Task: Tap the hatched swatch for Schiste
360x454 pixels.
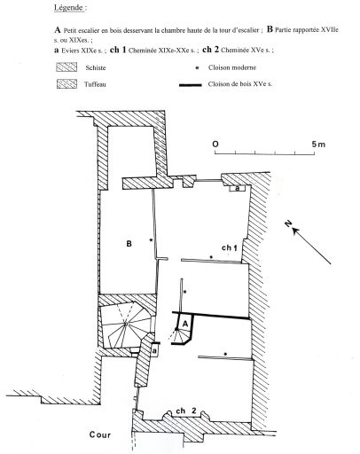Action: (x=67, y=67)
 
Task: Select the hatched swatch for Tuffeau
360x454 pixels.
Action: (x=67, y=84)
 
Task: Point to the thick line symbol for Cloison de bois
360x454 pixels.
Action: (x=191, y=85)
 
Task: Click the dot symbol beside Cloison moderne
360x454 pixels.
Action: (x=197, y=68)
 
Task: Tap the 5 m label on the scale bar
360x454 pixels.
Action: (x=318, y=145)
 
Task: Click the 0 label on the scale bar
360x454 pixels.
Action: (x=215, y=145)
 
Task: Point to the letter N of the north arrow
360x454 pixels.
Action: (x=288, y=223)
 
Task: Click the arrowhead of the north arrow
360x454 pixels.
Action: (x=296, y=231)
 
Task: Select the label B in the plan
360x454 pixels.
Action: (x=129, y=244)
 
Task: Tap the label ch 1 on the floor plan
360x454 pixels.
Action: (x=230, y=247)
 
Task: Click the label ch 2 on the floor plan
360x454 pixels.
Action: (x=186, y=411)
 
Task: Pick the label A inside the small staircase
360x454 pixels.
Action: (x=185, y=324)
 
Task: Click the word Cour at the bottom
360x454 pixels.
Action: (x=100, y=434)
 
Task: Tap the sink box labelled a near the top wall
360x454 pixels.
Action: (x=238, y=188)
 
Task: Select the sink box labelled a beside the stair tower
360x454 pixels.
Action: (x=154, y=350)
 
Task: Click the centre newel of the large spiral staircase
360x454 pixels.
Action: (x=126, y=325)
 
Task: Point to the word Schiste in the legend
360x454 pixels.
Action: (x=96, y=67)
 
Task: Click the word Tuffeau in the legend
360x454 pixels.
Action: (x=95, y=84)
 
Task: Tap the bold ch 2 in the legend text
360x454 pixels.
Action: (x=210, y=50)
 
